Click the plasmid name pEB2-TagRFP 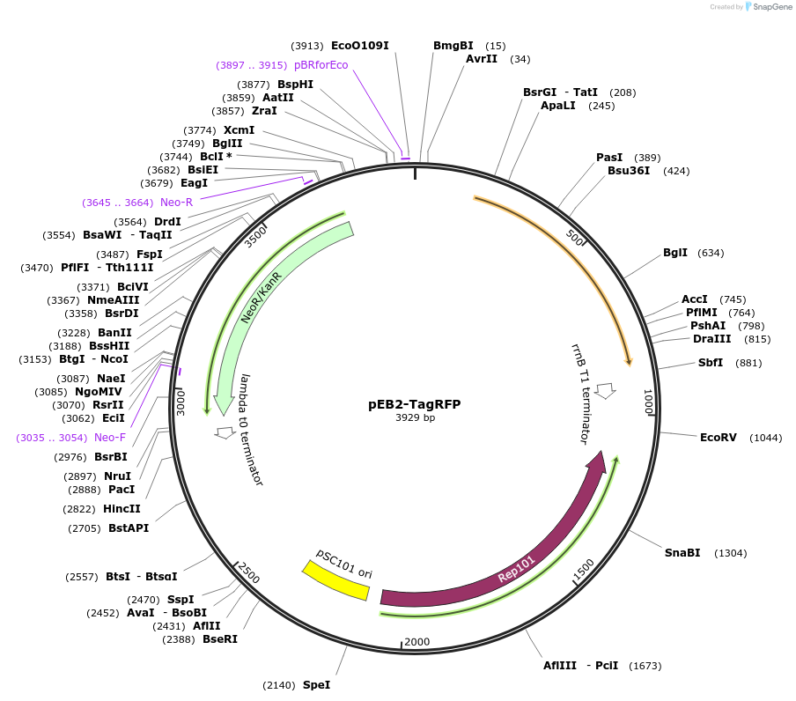414,404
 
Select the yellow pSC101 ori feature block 335,581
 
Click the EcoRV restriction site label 718,438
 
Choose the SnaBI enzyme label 682,553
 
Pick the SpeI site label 316,684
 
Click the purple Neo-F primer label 110,438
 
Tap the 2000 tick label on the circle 417,641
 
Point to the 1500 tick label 584,570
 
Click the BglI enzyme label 675,253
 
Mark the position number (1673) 645,666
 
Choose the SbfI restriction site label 711,363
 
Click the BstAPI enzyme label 129,528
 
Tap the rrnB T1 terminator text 580,394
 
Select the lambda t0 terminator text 251,429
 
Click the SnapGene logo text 772,7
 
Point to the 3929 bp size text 415,417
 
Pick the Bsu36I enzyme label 629,171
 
